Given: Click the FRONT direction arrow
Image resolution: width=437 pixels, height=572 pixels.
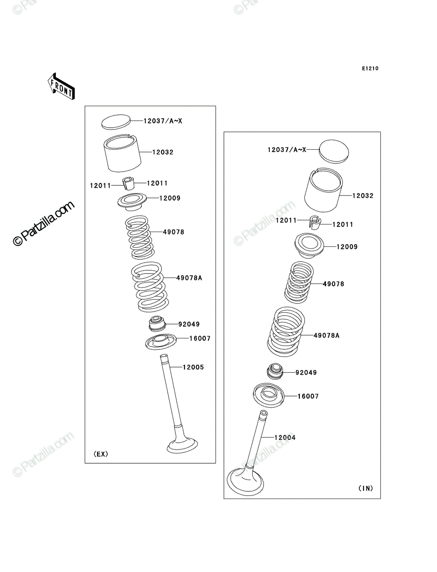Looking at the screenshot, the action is click(61, 86).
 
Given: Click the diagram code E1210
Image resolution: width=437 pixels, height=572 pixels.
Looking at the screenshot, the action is click(370, 69).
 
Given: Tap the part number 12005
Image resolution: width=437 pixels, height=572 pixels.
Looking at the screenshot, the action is click(193, 367).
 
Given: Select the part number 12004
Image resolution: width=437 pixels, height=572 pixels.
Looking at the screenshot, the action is click(285, 438).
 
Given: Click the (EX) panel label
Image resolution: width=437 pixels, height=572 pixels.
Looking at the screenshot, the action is click(101, 454).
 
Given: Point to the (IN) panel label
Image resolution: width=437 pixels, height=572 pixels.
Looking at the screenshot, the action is click(366, 488).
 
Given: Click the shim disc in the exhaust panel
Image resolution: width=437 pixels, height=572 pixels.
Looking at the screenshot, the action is click(116, 122).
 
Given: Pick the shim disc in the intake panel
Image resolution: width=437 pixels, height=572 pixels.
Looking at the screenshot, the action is click(334, 152).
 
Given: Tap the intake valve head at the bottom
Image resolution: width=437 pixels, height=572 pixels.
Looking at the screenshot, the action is click(245, 483).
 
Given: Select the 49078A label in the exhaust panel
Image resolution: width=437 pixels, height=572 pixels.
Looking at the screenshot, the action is click(189, 278).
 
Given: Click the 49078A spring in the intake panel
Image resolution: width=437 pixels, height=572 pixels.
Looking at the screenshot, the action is click(286, 332).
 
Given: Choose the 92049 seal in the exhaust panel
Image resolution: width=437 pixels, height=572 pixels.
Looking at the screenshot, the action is click(157, 324).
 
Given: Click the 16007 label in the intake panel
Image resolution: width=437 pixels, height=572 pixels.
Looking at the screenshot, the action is click(308, 397).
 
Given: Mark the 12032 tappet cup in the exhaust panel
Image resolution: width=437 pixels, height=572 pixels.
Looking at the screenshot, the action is click(122, 153).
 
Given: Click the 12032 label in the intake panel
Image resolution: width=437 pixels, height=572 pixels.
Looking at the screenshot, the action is click(363, 196).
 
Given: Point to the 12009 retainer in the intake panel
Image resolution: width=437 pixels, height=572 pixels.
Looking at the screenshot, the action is click(309, 245).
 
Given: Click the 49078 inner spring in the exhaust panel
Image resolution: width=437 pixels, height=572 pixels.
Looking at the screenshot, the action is click(140, 237).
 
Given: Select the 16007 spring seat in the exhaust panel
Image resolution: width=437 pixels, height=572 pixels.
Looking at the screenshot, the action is click(161, 342).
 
